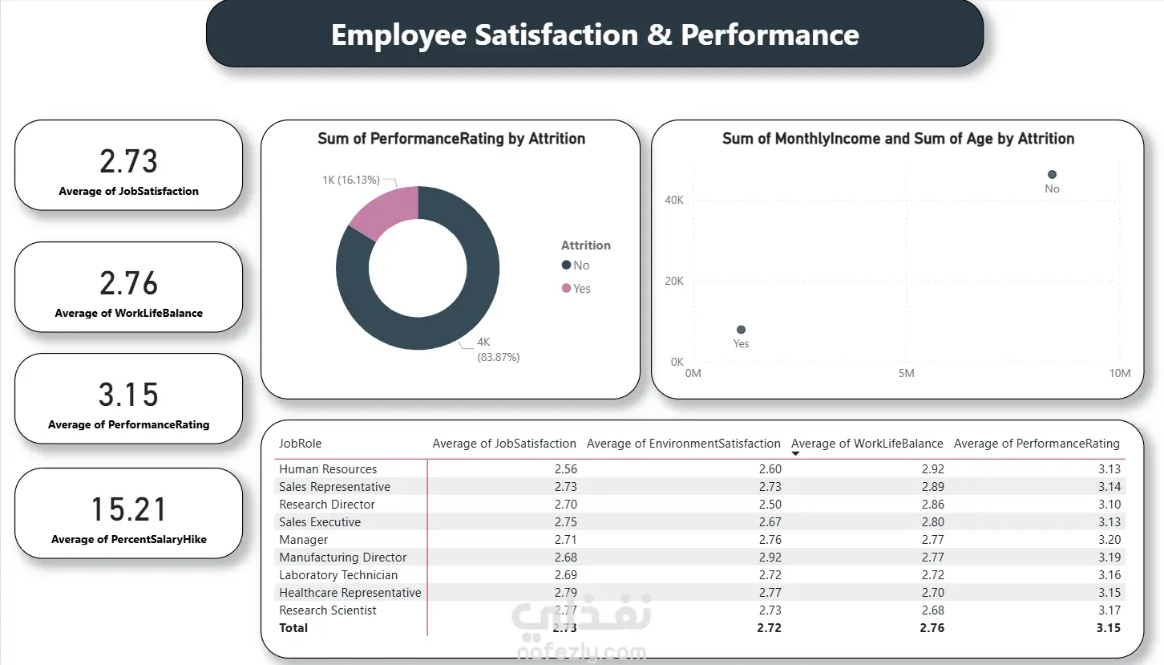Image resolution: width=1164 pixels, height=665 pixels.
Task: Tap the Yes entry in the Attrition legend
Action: (576, 289)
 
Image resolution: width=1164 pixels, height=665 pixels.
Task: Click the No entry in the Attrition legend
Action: (576, 266)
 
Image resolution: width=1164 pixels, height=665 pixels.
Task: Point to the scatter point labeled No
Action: (1052, 174)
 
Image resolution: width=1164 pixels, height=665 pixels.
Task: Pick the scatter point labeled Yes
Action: (741, 330)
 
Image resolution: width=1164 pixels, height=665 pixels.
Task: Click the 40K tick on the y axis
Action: (674, 201)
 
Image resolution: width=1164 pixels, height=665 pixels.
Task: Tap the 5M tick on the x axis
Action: (906, 373)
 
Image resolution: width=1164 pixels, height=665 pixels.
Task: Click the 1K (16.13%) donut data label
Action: (351, 180)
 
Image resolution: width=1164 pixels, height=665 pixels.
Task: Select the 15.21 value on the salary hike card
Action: (128, 509)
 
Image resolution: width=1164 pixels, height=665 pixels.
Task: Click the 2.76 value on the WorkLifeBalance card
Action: (128, 283)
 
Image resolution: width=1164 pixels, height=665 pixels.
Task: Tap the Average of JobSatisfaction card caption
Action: (128, 192)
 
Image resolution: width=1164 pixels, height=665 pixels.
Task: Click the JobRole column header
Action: (300, 444)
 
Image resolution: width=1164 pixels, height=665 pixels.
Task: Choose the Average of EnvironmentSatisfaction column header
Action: (683, 444)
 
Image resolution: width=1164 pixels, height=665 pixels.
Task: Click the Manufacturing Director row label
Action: (342, 558)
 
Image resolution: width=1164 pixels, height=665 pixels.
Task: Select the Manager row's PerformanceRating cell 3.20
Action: (1109, 540)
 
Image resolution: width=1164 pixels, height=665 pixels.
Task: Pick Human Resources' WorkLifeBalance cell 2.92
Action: (933, 469)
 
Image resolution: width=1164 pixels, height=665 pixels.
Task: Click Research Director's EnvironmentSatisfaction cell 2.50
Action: (770, 505)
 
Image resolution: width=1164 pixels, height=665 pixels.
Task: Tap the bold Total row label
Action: (293, 628)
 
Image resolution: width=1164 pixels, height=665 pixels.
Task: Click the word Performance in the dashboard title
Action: (770, 34)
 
